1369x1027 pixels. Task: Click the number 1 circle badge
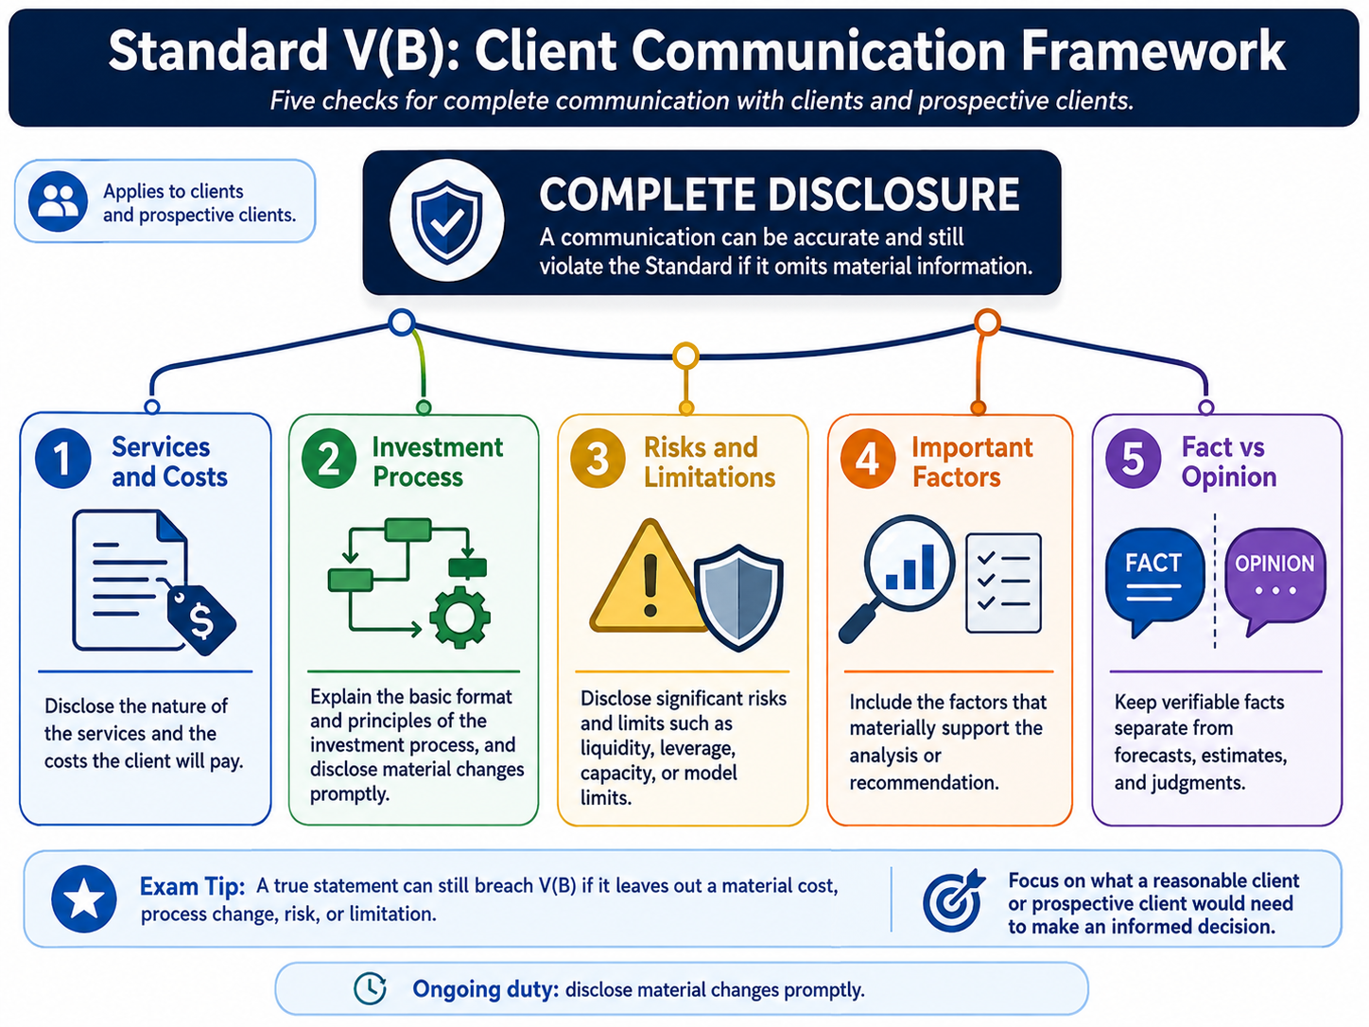click(63, 459)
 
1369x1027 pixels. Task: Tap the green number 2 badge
click(329, 459)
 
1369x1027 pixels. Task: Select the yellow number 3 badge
click(598, 459)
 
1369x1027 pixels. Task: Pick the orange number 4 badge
click(868, 459)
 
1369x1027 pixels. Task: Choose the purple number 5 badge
click(1134, 459)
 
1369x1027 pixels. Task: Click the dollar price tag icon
click(200, 619)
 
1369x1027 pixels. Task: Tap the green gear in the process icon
click(459, 618)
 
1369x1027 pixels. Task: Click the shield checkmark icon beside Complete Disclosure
click(446, 221)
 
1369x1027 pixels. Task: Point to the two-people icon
click(58, 201)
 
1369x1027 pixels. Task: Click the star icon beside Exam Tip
click(84, 899)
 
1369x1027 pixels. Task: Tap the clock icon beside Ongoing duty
click(370, 988)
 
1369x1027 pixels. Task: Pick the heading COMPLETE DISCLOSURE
click(780, 194)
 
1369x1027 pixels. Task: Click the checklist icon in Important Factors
click(1003, 583)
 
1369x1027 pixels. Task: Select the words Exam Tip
click(193, 886)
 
